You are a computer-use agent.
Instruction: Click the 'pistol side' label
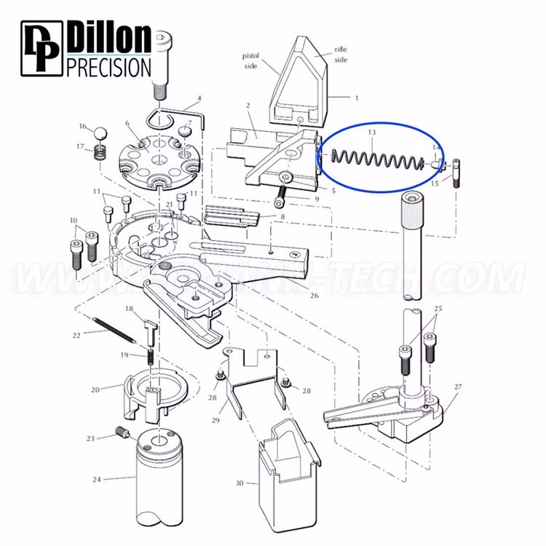pyautogui.click(x=251, y=60)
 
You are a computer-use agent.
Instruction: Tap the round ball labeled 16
pyautogui.click(x=100, y=134)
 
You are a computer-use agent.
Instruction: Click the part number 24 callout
pyautogui.click(x=97, y=479)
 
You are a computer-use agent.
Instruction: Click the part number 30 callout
pyautogui.click(x=241, y=482)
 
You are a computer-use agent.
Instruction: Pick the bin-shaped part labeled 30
pyautogui.click(x=289, y=466)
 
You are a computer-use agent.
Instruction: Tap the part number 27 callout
pyautogui.click(x=458, y=387)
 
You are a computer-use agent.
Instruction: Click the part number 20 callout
pyautogui.click(x=95, y=389)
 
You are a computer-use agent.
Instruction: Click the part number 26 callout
pyautogui.click(x=314, y=296)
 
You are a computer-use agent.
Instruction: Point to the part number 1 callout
pyautogui.click(x=357, y=97)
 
